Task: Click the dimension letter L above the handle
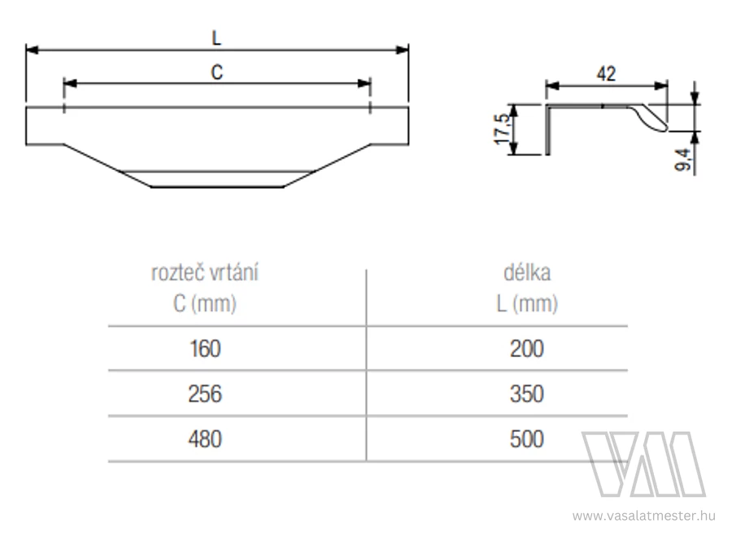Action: [x=216, y=37]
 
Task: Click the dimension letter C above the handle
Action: [x=217, y=72]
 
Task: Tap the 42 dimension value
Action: [x=606, y=74]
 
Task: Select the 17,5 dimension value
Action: [x=502, y=129]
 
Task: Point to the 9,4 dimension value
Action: [x=683, y=159]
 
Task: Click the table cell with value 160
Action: [x=205, y=349]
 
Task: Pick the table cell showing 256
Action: [x=205, y=394]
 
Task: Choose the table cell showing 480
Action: [x=205, y=439]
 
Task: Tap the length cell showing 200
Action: [x=526, y=349]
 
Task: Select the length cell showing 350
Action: [x=526, y=394]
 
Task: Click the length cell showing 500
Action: [x=526, y=439]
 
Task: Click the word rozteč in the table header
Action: [x=177, y=272]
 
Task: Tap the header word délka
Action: [x=527, y=272]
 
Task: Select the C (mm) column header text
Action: [x=205, y=303]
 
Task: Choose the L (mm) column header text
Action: [x=527, y=303]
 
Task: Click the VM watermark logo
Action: [x=644, y=464]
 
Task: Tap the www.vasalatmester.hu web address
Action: [x=644, y=516]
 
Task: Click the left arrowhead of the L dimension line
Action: [x=32, y=50]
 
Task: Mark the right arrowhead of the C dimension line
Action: [x=364, y=84]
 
